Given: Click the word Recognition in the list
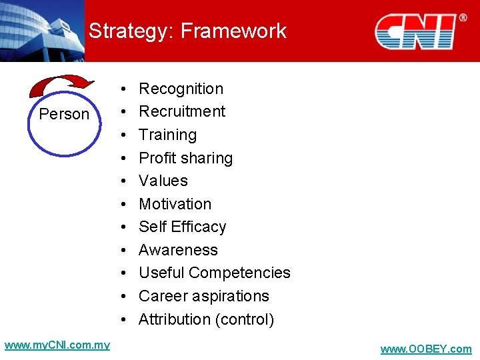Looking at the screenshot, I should pyautogui.click(x=181, y=89).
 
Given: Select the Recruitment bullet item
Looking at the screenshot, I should pyautogui.click(x=182, y=111).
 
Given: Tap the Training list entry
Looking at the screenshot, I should pyautogui.click(x=167, y=135).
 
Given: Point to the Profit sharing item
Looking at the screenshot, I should pyautogui.click(x=185, y=158).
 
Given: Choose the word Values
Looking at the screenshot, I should pyautogui.click(x=163, y=181).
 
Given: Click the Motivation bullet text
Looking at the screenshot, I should pyautogui.click(x=175, y=204).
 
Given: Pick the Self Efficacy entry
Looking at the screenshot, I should pyautogui.click(x=182, y=227).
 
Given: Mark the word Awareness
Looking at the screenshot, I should pyautogui.click(x=178, y=250).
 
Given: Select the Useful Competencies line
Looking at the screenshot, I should pyautogui.click(x=214, y=273).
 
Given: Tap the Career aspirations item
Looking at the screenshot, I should pyautogui.click(x=203, y=296).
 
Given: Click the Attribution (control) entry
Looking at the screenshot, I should pyautogui.click(x=206, y=319).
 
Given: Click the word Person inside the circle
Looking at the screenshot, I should pyautogui.click(x=64, y=114).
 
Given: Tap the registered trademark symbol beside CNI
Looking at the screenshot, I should pyautogui.click(x=463, y=18).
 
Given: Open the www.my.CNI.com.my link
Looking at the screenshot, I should pyautogui.click(x=57, y=345).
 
